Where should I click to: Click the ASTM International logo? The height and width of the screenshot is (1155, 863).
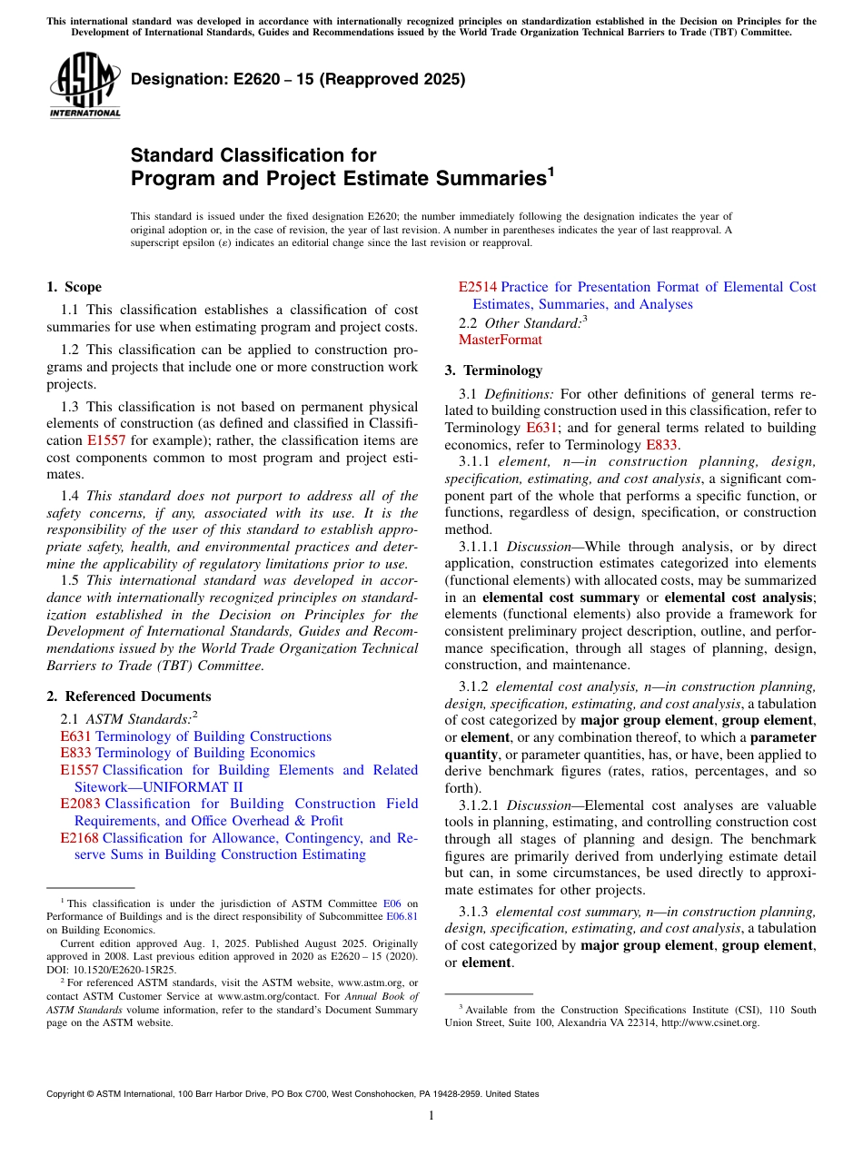(x=84, y=84)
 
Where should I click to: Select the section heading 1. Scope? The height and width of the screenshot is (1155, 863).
(x=74, y=287)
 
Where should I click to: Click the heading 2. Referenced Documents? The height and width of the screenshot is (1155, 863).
(x=128, y=696)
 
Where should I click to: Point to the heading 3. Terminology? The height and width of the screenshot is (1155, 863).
(x=493, y=370)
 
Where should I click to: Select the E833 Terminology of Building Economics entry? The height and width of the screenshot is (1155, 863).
(x=187, y=753)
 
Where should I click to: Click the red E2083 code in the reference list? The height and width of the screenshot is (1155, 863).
(x=79, y=804)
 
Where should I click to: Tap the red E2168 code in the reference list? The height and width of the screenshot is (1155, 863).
(x=79, y=838)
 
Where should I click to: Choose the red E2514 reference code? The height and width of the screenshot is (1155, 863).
(x=477, y=287)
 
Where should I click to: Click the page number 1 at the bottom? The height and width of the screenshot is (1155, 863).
(x=431, y=1115)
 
